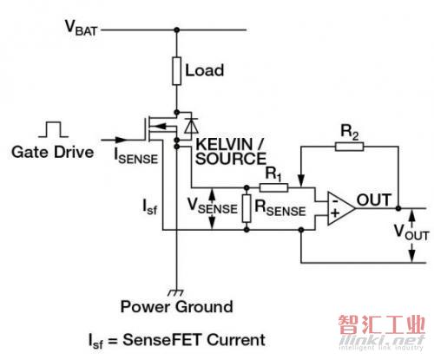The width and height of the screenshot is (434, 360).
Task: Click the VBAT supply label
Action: (x=81, y=28)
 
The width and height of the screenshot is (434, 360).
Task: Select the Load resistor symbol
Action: (x=177, y=71)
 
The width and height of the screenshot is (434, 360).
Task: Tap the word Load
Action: (x=204, y=70)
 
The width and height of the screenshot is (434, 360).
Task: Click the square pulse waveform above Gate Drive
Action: (x=54, y=129)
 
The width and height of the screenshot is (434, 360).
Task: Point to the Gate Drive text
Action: (x=53, y=152)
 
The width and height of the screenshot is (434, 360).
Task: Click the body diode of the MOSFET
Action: (x=191, y=126)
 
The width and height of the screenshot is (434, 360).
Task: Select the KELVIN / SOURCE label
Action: (x=231, y=151)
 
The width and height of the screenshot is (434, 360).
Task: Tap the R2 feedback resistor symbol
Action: (x=350, y=147)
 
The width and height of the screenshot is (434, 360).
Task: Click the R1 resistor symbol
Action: (x=273, y=187)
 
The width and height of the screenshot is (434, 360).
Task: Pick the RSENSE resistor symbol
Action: (x=247, y=208)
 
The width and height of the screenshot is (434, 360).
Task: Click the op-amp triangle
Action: (x=341, y=208)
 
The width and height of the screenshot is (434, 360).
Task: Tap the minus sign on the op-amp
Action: (x=335, y=200)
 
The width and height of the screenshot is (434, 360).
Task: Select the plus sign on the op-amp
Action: (x=335, y=213)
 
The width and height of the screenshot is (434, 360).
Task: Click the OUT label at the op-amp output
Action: (x=374, y=200)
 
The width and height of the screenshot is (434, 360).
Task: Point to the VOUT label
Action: (x=411, y=232)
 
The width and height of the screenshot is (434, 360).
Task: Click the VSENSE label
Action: (x=212, y=206)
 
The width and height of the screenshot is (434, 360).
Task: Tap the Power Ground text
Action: (x=176, y=307)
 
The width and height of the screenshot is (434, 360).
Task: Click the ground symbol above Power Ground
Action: (x=176, y=292)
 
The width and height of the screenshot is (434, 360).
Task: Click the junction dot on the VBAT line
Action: (x=177, y=29)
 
